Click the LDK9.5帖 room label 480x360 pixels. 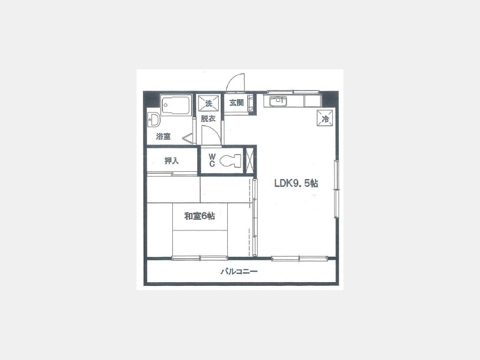click(x=296, y=183)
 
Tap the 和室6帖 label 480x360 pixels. click(x=199, y=216)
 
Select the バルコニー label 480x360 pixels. click(x=239, y=271)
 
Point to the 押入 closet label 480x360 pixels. click(x=171, y=161)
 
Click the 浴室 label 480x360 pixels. click(x=163, y=136)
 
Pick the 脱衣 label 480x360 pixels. click(x=208, y=118)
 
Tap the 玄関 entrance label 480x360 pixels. click(x=236, y=102)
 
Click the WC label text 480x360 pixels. click(x=212, y=161)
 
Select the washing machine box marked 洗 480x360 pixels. click(x=209, y=103)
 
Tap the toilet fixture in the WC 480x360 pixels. click(x=230, y=161)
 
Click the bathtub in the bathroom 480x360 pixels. click(x=175, y=106)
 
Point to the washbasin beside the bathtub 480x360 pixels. click(x=154, y=119)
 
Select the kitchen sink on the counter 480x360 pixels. click(x=278, y=101)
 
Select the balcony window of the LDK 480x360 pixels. click(x=299, y=259)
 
